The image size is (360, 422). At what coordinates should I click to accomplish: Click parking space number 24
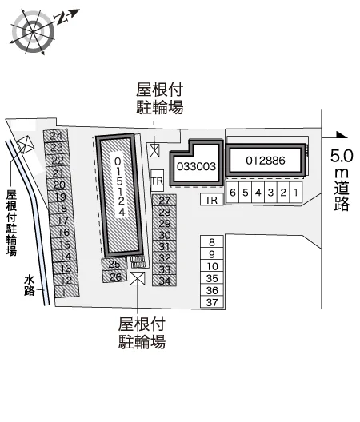[56, 135]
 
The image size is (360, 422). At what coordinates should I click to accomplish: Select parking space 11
[67, 292]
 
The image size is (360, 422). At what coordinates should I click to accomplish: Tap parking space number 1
[296, 192]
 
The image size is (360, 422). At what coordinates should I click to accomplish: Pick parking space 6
[232, 192]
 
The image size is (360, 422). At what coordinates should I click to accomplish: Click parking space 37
[212, 302]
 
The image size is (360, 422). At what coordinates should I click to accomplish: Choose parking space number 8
[212, 241]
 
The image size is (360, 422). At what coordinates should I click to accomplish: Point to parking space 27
[164, 201]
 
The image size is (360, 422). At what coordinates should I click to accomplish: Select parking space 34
[164, 281]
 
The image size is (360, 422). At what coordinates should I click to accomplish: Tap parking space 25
[114, 264]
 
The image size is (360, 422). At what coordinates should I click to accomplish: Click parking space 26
[115, 277]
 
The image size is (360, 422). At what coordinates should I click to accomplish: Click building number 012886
[266, 161]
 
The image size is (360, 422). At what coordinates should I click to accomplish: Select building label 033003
[197, 166]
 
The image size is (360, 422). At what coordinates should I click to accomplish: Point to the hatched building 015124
[120, 195]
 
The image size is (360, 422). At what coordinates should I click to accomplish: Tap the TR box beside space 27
[157, 181]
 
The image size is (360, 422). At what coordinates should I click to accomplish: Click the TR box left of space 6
[212, 200]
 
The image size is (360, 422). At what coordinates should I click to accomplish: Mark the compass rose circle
[33, 31]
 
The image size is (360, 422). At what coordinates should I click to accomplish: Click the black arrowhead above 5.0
[342, 135]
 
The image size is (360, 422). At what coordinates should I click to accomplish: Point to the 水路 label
[29, 285]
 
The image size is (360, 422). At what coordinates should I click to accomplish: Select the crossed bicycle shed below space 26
[137, 278]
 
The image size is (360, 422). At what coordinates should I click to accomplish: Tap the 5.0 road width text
[342, 156]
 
